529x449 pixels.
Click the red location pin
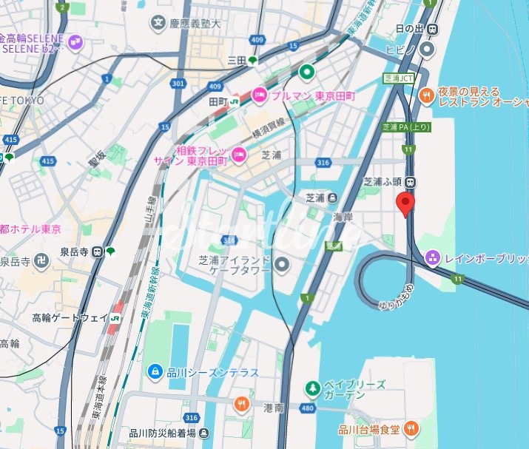(405, 203)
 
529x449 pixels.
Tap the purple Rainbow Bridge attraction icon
(434, 258)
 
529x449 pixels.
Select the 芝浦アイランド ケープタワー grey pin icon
(282, 264)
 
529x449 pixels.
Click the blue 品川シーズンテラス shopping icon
(155, 371)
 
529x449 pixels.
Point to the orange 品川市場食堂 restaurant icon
(412, 427)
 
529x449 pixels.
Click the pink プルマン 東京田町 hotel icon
(260, 95)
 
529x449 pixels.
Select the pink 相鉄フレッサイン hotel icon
(239, 154)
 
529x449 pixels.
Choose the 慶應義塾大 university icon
(158, 24)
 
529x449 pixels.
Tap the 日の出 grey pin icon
(427, 49)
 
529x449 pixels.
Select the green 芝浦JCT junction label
(398, 78)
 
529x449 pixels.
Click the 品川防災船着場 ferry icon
(205, 433)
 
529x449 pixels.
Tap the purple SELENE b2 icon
(75, 43)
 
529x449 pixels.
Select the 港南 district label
(274, 408)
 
